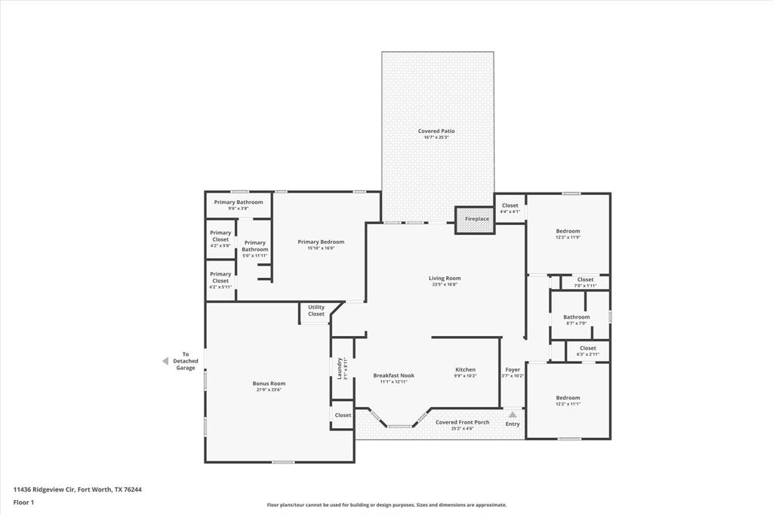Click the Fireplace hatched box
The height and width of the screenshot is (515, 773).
click(474, 219)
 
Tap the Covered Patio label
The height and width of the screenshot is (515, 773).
click(436, 131)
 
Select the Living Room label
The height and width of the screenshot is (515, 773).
click(445, 278)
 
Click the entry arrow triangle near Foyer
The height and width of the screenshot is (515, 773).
click(513, 414)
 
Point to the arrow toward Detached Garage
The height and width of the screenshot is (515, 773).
click(165, 361)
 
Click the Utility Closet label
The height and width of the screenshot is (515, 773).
click(316, 310)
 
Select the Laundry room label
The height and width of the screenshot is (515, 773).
click(340, 369)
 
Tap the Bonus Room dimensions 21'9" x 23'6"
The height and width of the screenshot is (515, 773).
click(269, 390)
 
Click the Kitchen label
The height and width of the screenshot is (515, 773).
click(465, 369)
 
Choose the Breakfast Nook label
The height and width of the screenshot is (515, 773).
click(393, 375)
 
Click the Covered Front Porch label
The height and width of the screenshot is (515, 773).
click(462, 422)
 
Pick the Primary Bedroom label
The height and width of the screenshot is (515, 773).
click(321, 242)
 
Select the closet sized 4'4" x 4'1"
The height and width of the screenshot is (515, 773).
click(510, 208)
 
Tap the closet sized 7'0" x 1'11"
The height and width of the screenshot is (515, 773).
click(585, 282)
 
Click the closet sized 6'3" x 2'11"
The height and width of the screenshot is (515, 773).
click(587, 351)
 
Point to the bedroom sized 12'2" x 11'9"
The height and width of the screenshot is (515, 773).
click(568, 233)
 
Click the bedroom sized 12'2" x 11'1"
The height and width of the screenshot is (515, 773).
click(568, 400)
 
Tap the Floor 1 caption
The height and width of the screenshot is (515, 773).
click(25, 501)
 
